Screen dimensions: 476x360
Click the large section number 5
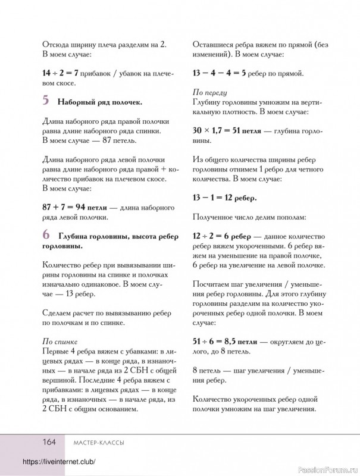[46, 101]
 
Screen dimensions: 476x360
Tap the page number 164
[48, 441]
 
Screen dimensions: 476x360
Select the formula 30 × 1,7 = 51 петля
[227, 131]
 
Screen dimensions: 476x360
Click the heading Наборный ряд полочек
[100, 102]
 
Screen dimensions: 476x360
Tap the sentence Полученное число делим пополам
[249, 217]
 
